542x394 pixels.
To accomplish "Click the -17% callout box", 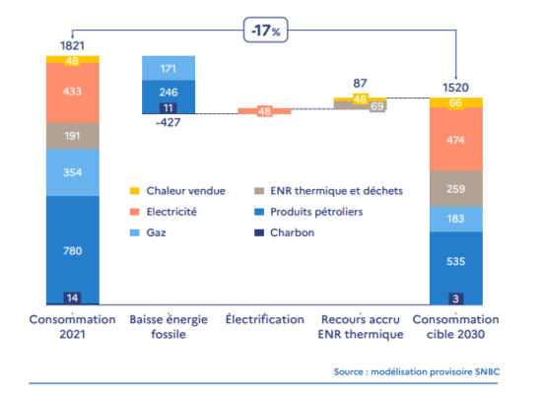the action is point(265,31).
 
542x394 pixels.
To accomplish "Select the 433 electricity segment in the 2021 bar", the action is point(73,93).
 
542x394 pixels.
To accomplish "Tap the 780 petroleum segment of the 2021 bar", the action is point(73,249).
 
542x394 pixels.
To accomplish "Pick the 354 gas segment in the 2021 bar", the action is point(73,172).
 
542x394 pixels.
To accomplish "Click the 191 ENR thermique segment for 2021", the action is point(73,136).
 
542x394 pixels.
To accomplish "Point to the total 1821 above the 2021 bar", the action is point(72,45).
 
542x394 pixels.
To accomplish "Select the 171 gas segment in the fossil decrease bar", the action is point(169,68).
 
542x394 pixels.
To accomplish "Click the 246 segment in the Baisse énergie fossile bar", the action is point(169,92).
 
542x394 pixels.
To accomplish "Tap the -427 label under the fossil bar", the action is point(169,122).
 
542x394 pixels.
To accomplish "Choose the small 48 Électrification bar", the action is point(264,111).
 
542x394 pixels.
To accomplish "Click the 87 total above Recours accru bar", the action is point(360,84).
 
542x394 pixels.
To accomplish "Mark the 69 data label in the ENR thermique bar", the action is point(377,106).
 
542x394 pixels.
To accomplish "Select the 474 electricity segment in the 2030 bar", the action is point(456,139).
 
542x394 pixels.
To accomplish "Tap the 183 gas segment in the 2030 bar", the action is point(456,219).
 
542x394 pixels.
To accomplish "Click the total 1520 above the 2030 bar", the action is point(455,88).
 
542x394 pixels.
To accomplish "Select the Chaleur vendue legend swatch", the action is point(134,191).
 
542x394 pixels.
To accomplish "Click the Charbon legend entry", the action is point(284,232).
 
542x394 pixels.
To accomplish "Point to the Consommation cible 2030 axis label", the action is point(455,327).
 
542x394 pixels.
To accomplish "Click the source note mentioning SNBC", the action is point(417,372).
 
